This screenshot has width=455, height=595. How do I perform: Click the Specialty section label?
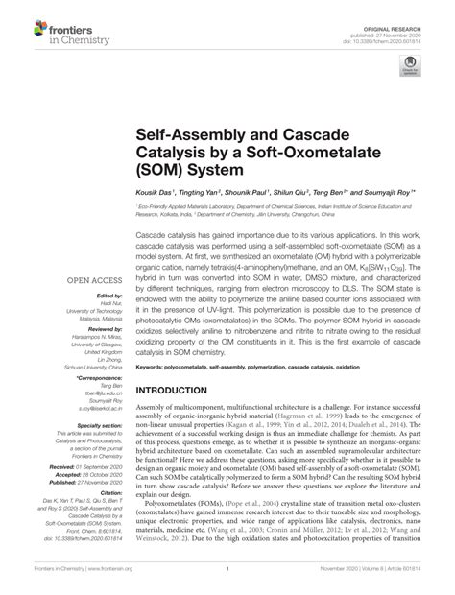(103, 425)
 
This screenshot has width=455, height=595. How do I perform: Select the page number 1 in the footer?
(227, 582)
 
